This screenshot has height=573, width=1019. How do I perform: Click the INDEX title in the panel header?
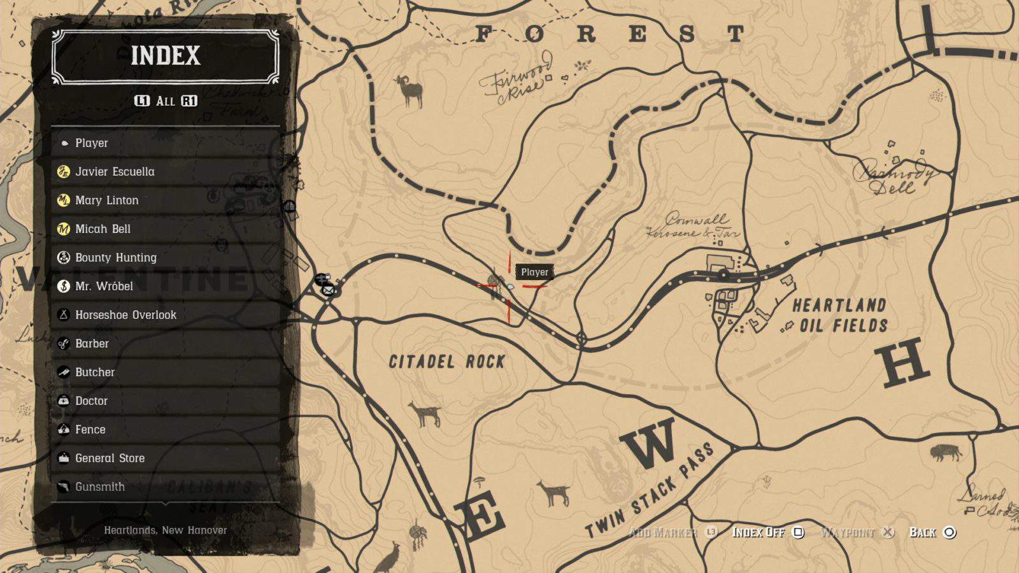coord(165,56)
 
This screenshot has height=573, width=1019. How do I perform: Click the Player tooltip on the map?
coord(534,272)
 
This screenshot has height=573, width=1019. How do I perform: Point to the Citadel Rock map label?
coord(446,362)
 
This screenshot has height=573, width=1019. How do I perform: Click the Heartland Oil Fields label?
coord(840,316)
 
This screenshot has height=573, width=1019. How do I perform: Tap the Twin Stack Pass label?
coord(650,491)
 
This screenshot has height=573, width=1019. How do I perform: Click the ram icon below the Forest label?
coord(410,91)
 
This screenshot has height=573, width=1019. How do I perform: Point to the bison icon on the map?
coord(946,453)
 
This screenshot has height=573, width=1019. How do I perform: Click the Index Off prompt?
coord(767,532)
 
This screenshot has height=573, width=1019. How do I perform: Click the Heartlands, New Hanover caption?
coord(166,530)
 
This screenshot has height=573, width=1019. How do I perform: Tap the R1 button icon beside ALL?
coord(189,101)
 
